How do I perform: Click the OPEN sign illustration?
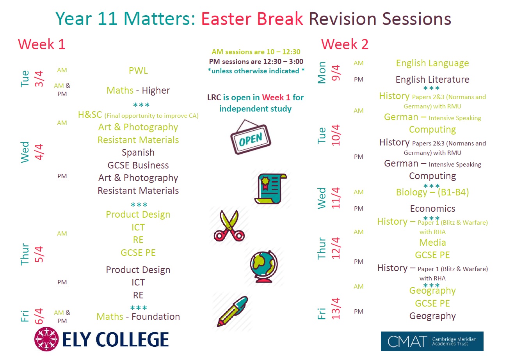(251, 137)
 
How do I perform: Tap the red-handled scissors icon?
(229, 226)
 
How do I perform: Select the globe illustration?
(264, 266)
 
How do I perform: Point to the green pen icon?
(233, 311)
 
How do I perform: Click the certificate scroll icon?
(271, 188)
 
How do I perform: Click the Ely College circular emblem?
(46, 339)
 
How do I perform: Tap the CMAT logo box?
(432, 341)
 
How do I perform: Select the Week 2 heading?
(345, 44)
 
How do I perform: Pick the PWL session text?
(138, 70)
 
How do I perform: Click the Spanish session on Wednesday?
(138, 153)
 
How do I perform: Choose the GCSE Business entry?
(138, 165)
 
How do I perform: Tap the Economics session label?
(432, 208)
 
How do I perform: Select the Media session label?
(432, 242)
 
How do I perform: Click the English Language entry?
(432, 63)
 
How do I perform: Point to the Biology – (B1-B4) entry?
(432, 192)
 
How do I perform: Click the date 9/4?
(336, 73)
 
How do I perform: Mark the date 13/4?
(336, 309)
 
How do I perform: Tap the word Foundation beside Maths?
(156, 317)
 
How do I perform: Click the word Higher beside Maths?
(156, 90)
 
